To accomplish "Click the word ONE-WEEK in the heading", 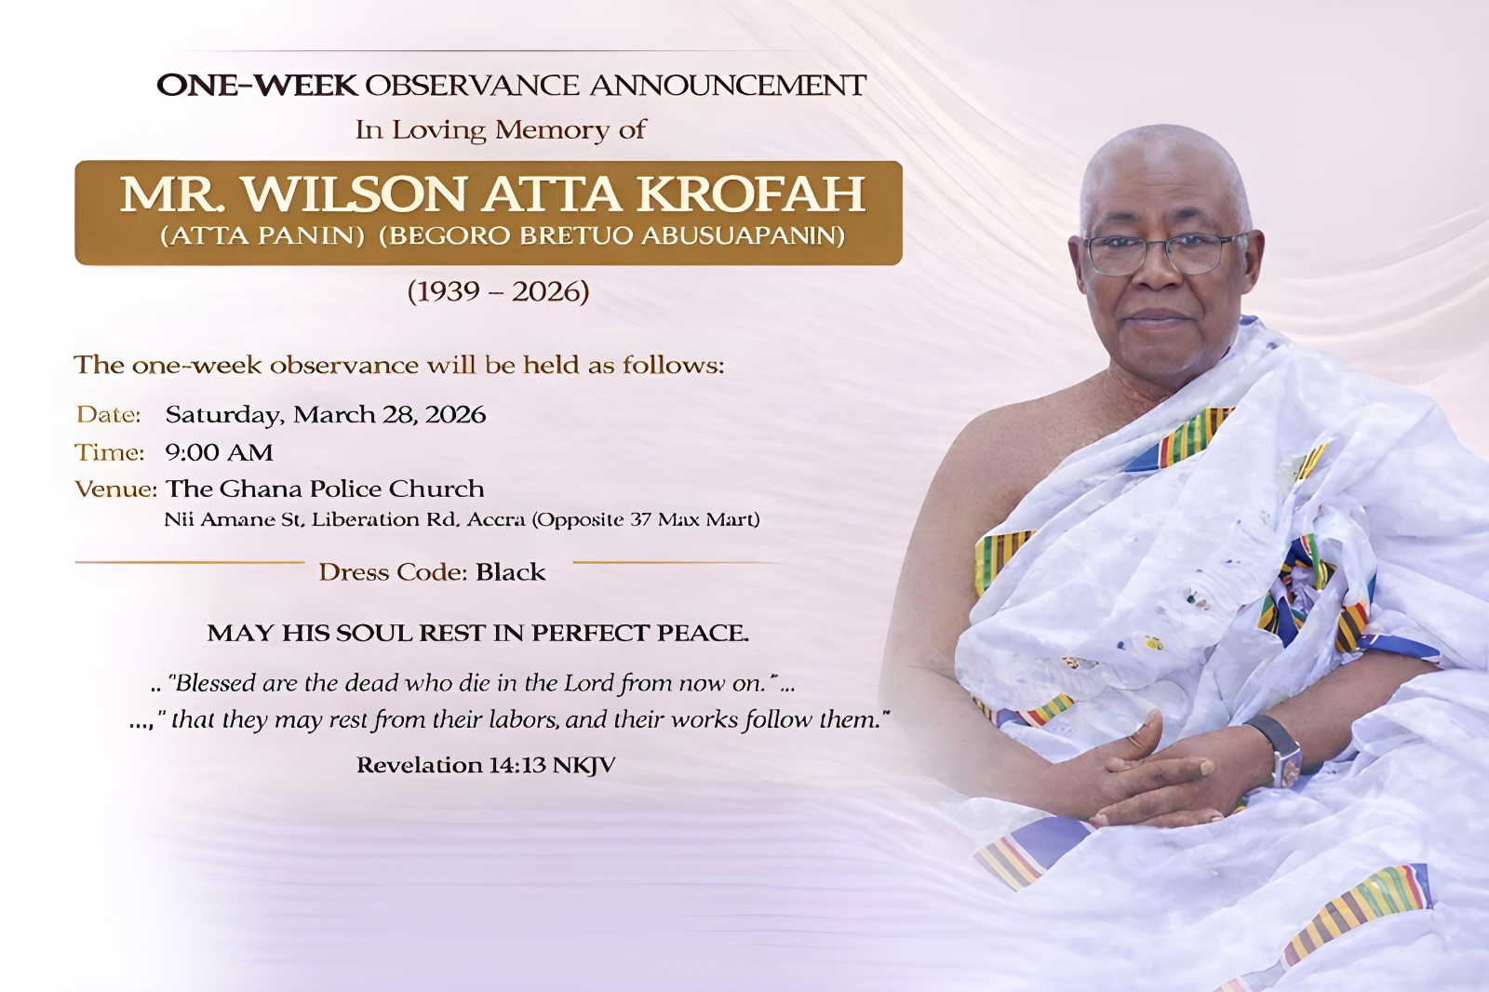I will [257, 85].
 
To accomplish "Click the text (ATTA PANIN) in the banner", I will [262, 235].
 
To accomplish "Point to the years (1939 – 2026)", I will [498, 291].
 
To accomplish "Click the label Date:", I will [109, 414].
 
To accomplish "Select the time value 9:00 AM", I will [219, 452].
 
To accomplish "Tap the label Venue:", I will [115, 489].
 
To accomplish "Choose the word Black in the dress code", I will [510, 571].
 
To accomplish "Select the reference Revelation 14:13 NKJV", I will [485, 765].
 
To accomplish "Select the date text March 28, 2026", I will [389, 414].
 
